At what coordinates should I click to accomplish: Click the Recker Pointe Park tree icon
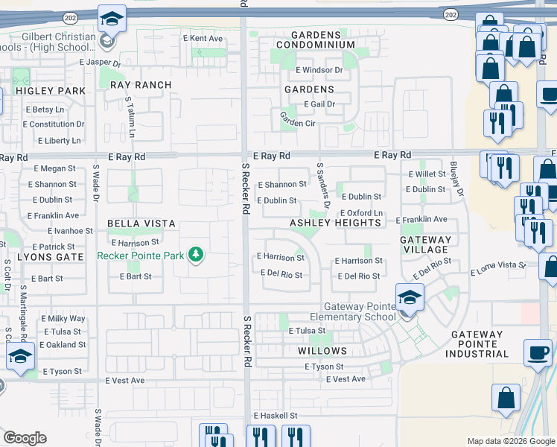197,256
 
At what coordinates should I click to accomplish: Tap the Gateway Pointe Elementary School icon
409,299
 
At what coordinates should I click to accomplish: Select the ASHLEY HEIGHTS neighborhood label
335,223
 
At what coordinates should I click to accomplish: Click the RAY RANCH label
141,85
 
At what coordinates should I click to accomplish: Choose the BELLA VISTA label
141,223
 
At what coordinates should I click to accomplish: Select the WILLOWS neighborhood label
322,350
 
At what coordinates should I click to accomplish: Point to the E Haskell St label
275,415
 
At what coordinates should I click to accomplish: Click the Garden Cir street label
298,119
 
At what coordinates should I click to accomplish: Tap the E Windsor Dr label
318,70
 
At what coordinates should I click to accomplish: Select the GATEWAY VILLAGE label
425,245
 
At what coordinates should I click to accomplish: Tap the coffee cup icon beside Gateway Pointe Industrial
538,352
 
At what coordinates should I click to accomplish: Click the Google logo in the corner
25,437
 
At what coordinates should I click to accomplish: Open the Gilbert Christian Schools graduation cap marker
112,19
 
